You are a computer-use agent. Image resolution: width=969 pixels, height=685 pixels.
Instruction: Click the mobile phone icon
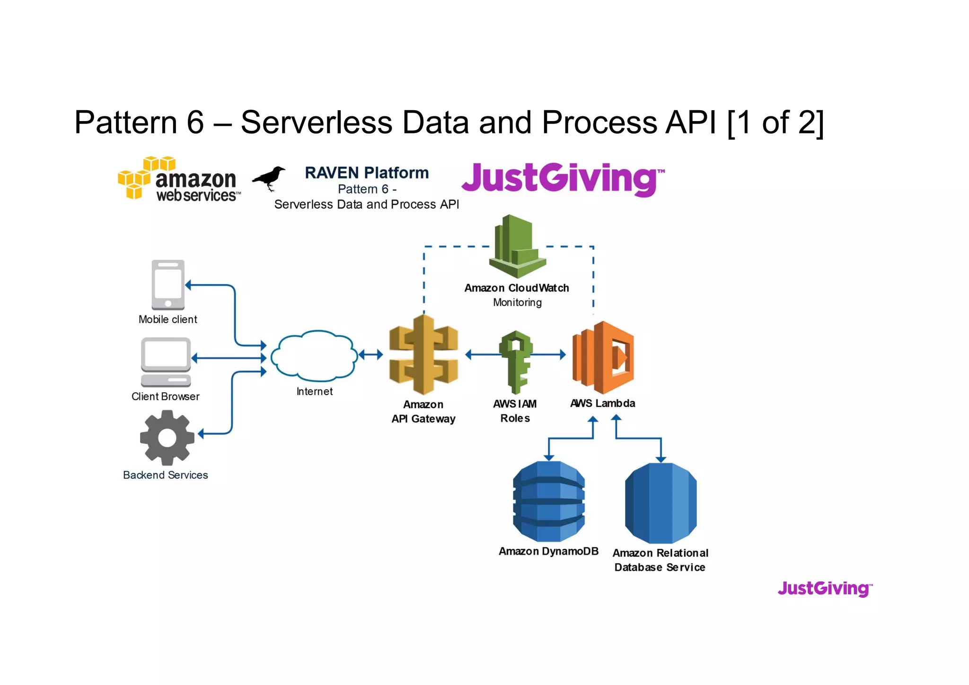(168, 285)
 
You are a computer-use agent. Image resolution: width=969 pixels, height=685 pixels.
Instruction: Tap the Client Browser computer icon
(166, 362)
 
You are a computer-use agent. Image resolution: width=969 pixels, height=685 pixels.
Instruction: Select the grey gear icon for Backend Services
(167, 438)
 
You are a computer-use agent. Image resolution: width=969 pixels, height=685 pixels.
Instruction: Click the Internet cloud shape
(314, 356)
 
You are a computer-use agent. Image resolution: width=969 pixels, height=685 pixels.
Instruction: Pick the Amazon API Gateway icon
(423, 355)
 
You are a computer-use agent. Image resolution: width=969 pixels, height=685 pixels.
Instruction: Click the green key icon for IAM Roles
(516, 361)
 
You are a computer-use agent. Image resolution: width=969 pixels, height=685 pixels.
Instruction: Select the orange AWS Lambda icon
(603, 358)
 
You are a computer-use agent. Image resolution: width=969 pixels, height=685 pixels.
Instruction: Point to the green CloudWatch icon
(517, 246)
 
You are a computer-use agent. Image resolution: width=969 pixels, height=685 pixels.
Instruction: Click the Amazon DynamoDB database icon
(549, 501)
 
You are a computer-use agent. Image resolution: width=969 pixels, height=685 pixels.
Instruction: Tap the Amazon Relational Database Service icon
(661, 503)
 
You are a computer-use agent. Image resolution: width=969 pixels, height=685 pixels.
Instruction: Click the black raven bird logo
(269, 178)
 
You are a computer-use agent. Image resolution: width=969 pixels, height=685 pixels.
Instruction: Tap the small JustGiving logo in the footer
(825, 589)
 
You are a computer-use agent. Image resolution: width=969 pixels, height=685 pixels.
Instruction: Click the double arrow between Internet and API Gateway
(370, 354)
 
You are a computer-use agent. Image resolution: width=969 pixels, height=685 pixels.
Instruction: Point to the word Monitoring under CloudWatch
(517, 302)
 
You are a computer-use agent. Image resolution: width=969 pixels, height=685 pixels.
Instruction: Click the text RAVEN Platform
(367, 173)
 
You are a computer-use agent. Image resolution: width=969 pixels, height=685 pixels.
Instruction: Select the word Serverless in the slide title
(317, 123)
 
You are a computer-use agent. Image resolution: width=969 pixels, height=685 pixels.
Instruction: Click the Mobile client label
(167, 319)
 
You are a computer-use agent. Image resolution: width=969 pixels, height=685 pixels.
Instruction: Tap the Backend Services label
(166, 475)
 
